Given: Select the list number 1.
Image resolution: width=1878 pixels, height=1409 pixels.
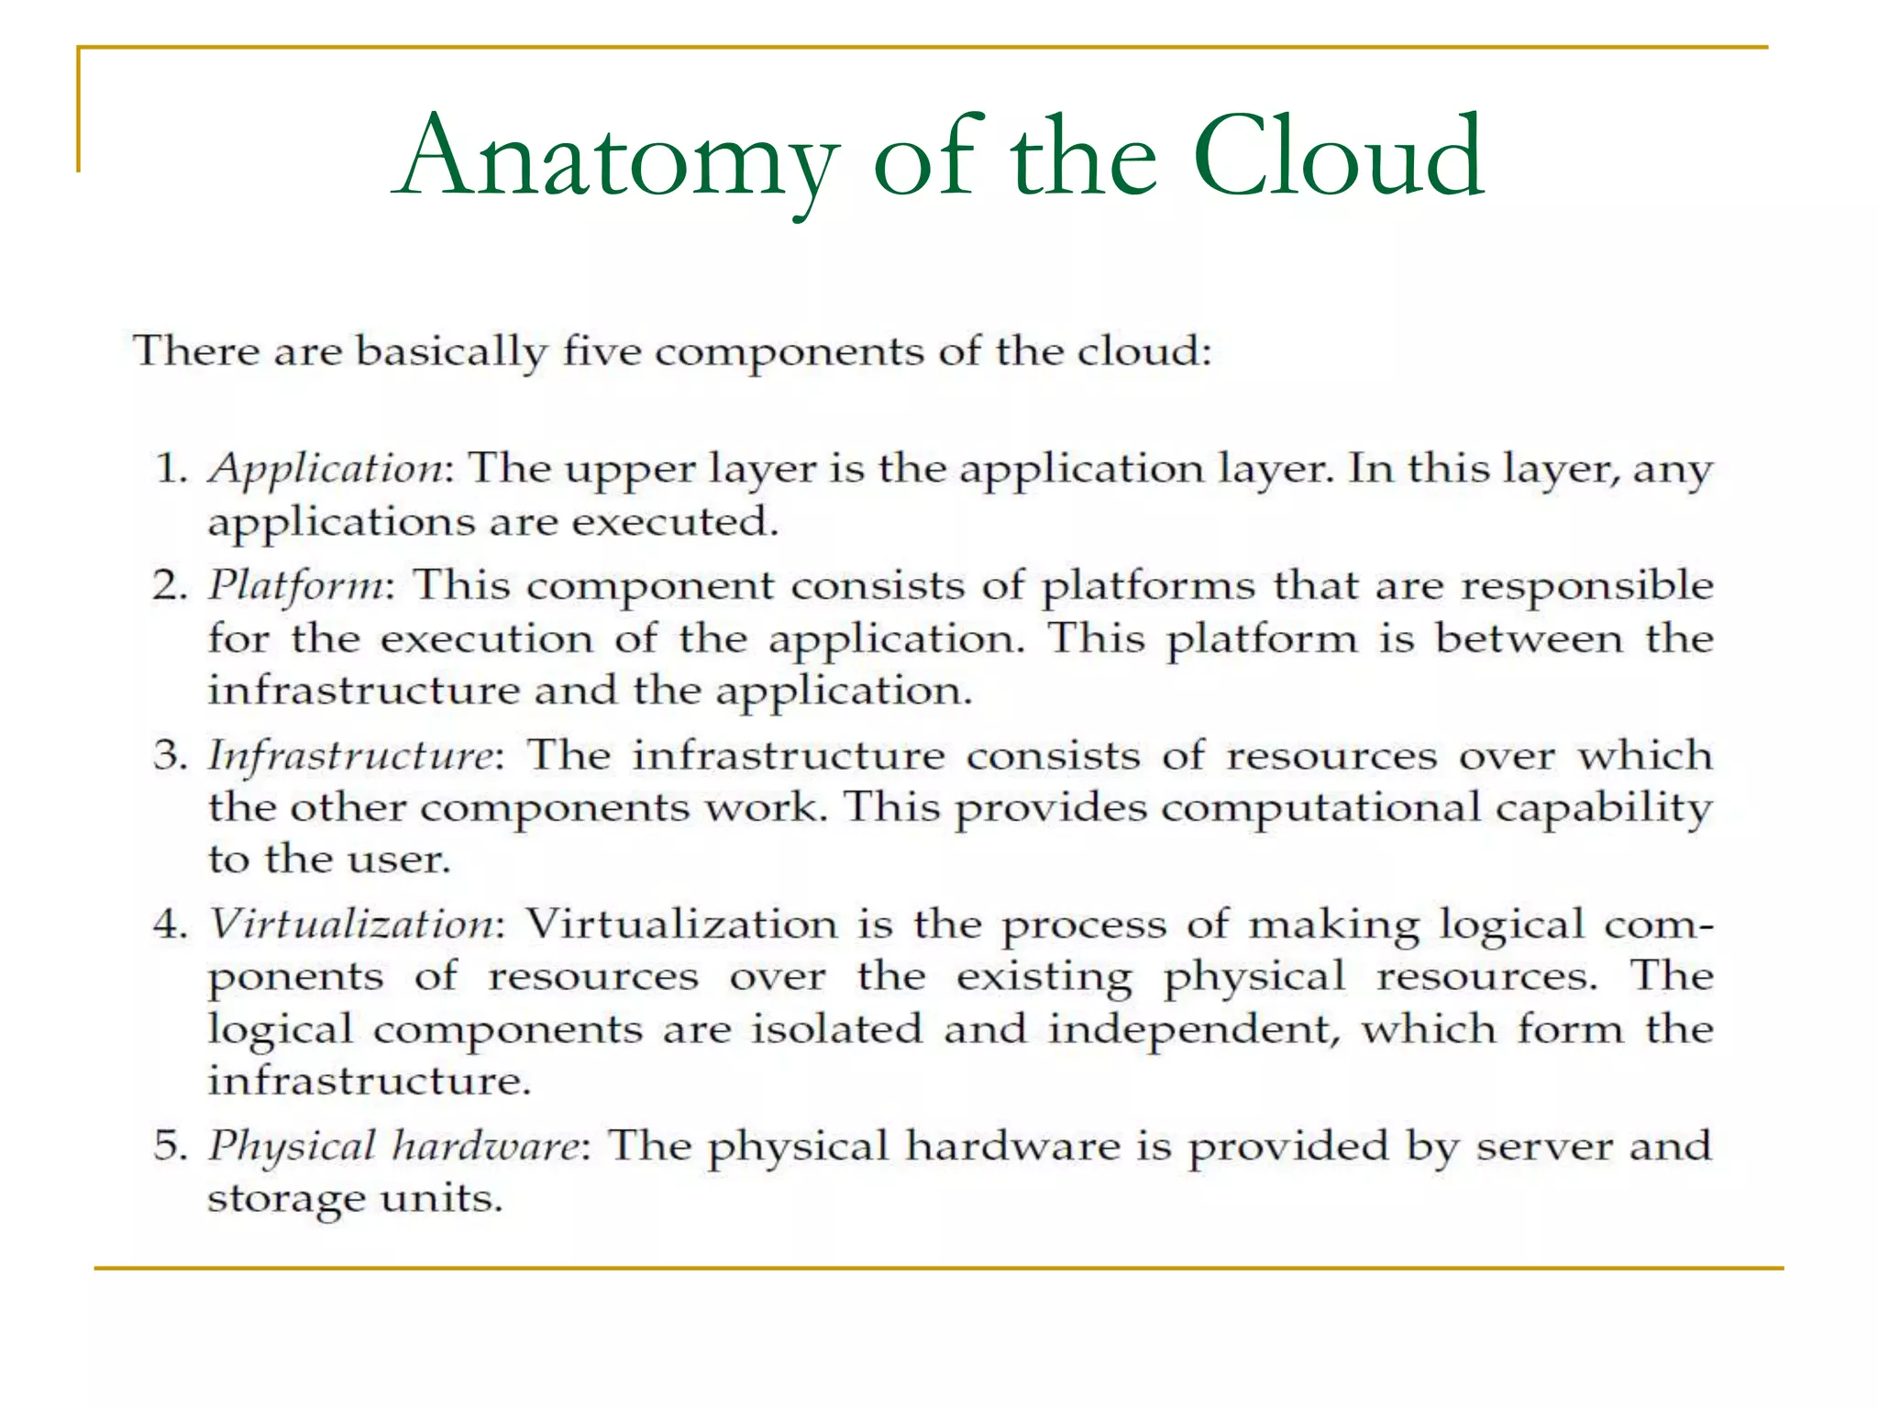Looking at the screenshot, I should [x=170, y=469].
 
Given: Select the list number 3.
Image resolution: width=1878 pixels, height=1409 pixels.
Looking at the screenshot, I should [x=170, y=756].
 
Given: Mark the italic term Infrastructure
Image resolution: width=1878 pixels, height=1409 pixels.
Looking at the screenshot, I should [x=351, y=756].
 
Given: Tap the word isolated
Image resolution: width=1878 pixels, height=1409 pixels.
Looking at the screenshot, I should [x=836, y=1028].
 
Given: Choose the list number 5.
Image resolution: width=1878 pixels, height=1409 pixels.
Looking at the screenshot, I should [x=170, y=1147].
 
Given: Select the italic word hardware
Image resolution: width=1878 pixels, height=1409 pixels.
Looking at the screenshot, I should [x=486, y=1147].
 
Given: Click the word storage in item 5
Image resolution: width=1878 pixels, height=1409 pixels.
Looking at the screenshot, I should [x=286, y=1199].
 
